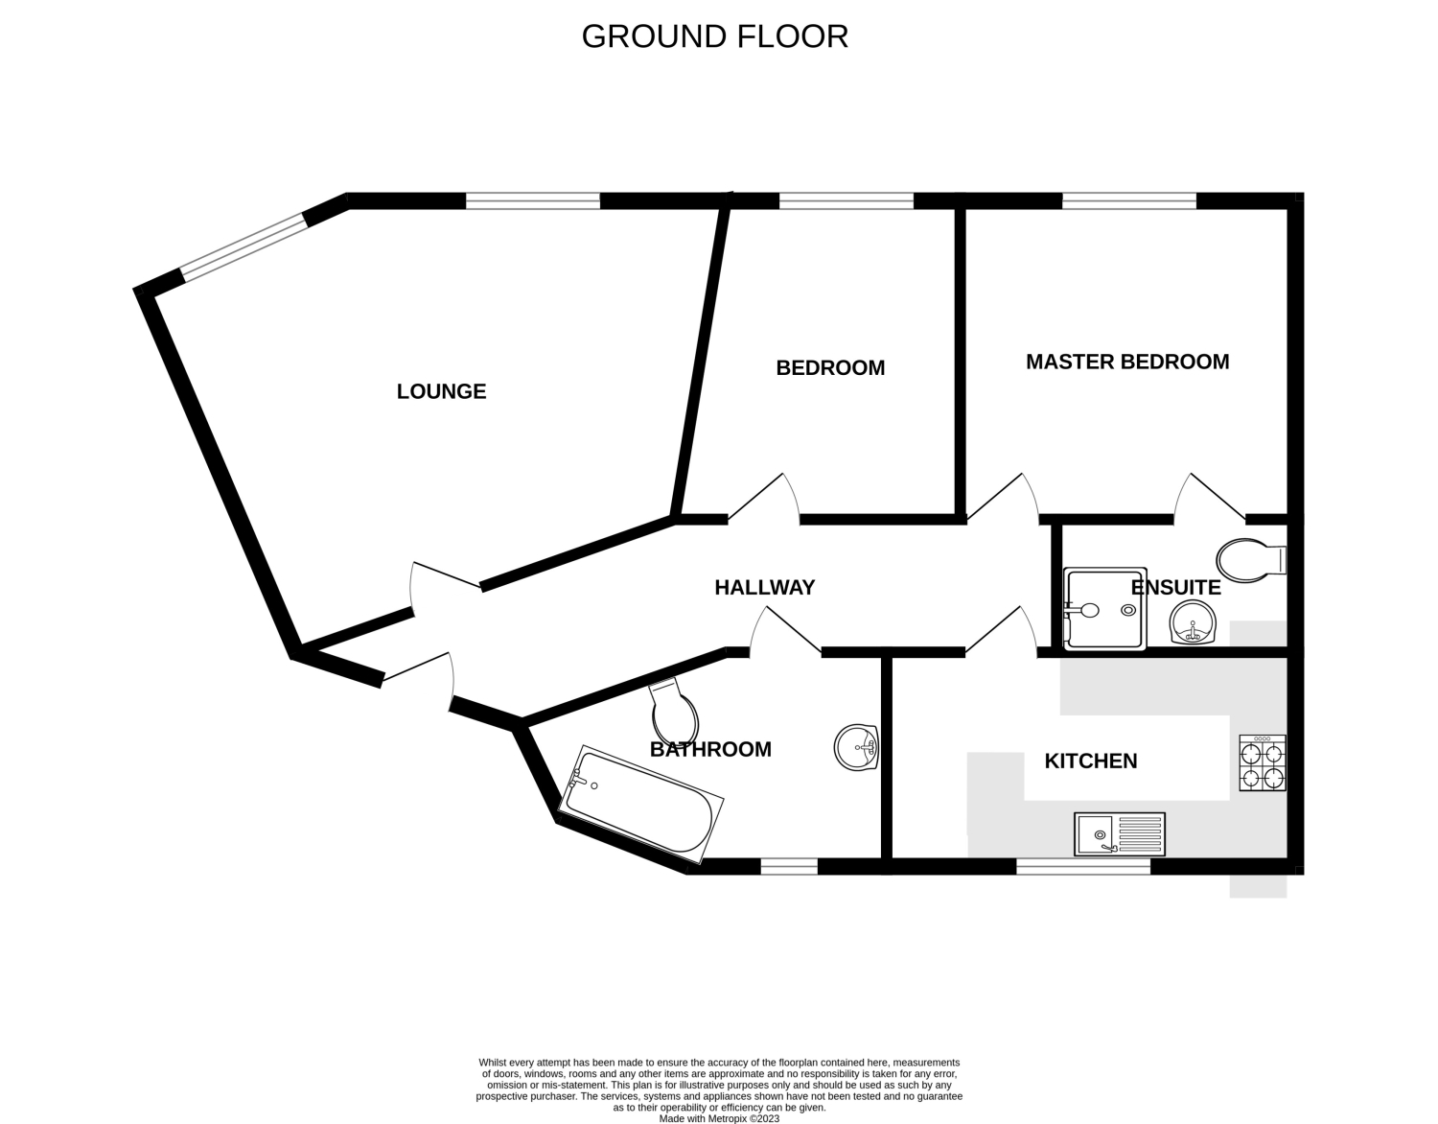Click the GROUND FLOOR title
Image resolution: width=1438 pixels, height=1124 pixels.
[x=715, y=36]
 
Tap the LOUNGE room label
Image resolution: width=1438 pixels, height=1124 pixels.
[x=441, y=391]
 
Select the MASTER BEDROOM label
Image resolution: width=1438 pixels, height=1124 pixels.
[x=1127, y=362]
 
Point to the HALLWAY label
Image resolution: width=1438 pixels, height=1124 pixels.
[x=764, y=587]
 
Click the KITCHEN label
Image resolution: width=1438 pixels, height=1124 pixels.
[x=1091, y=761]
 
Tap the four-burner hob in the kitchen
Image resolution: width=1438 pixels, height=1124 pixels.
[x=1263, y=762]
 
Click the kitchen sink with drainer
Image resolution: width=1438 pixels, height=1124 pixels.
[x=1120, y=834]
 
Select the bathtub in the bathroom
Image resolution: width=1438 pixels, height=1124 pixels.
[x=640, y=805]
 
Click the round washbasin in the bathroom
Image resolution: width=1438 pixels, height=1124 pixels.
[x=856, y=747]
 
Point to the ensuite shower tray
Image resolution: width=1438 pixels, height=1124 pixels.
[x=1104, y=608]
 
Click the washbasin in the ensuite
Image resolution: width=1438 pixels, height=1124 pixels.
[x=1193, y=622]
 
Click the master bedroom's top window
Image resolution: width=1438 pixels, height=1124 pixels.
[x=1129, y=200]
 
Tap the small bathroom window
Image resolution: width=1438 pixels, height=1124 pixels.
[x=789, y=867]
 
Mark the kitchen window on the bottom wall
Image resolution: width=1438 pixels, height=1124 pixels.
[x=1083, y=867]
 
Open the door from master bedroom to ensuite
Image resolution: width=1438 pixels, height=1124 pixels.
[x=1210, y=497]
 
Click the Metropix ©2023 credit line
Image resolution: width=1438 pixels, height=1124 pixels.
[x=719, y=1118]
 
